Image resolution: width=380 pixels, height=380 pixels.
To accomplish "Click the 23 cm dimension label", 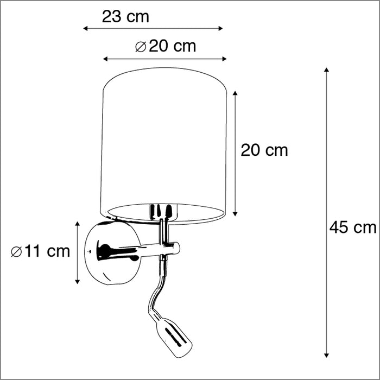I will [x=125, y=17].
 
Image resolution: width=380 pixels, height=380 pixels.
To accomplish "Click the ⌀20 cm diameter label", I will [x=165, y=47].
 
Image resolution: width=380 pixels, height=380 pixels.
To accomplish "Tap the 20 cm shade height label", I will [x=264, y=150].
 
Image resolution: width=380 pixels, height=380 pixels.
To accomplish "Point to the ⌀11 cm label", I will [x=41, y=251].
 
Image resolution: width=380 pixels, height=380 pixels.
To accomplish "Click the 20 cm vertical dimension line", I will [x=235, y=153].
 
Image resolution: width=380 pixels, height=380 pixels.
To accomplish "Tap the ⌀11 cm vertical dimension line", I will [x=78, y=252].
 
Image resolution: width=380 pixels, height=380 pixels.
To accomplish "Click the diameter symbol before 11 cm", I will [x=16, y=251].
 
